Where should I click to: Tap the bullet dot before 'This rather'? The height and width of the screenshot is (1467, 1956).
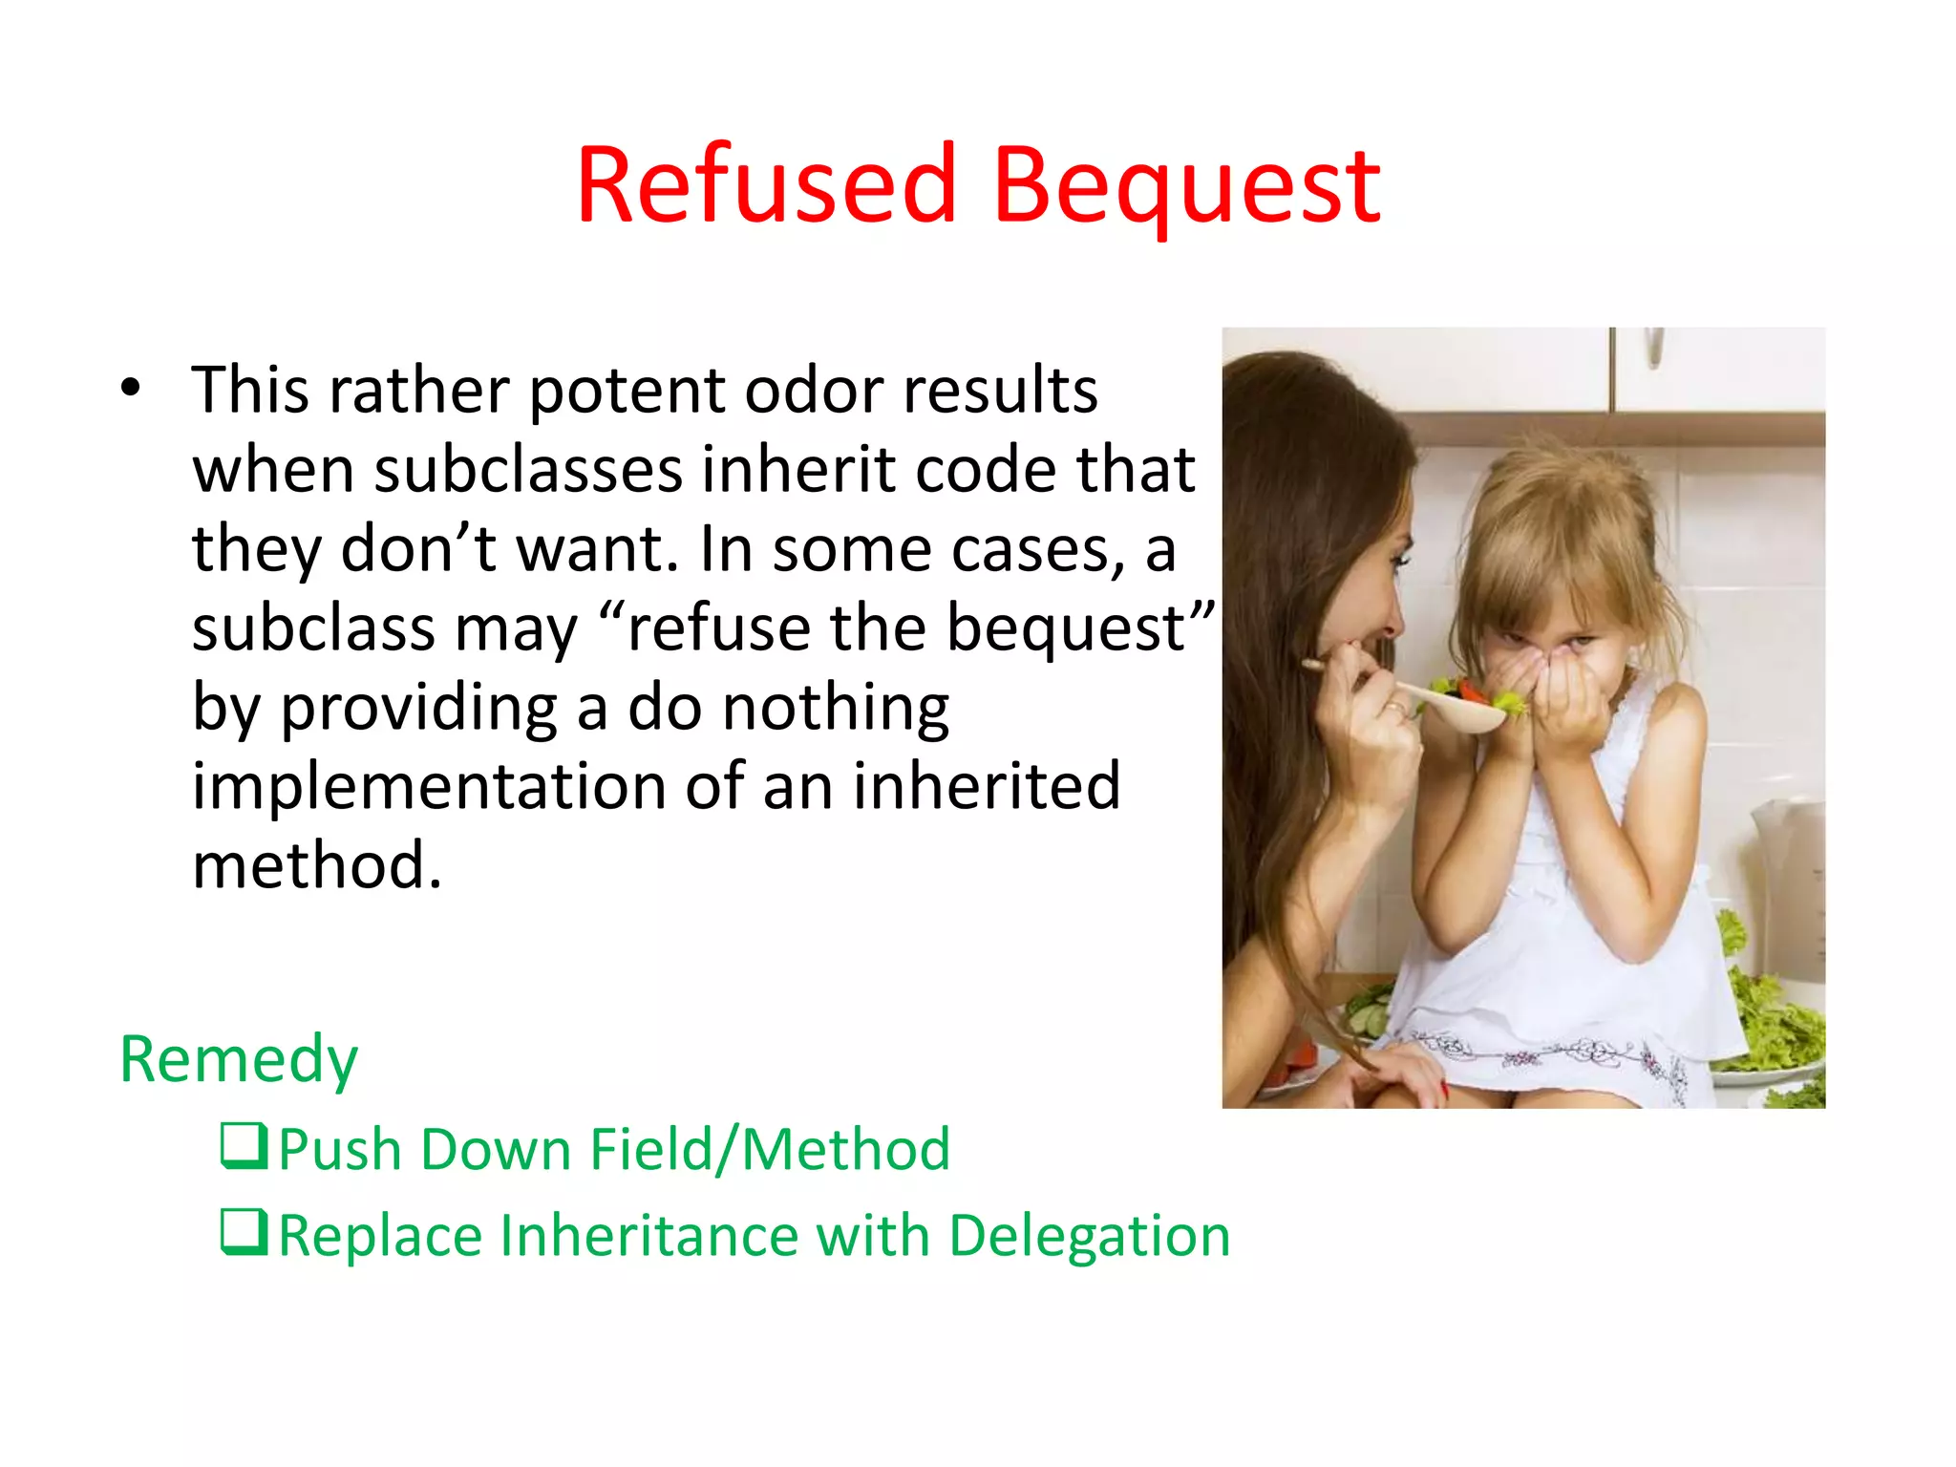click(x=131, y=388)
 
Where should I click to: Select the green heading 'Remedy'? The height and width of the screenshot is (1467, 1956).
click(x=239, y=1059)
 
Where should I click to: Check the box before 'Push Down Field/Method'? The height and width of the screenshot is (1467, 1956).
click(x=244, y=1145)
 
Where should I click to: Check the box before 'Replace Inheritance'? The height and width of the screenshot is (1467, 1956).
click(x=244, y=1231)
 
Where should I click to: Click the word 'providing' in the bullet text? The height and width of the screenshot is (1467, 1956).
click(x=418, y=709)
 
